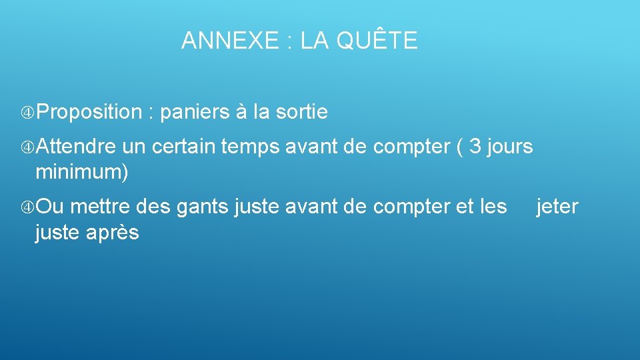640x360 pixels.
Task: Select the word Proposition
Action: (x=90, y=113)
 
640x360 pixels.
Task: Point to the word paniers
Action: (x=195, y=113)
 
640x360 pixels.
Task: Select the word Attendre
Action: (x=77, y=146)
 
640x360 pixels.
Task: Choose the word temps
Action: (x=250, y=147)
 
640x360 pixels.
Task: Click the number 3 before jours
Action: (x=475, y=146)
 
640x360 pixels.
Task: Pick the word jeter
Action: (x=557, y=207)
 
